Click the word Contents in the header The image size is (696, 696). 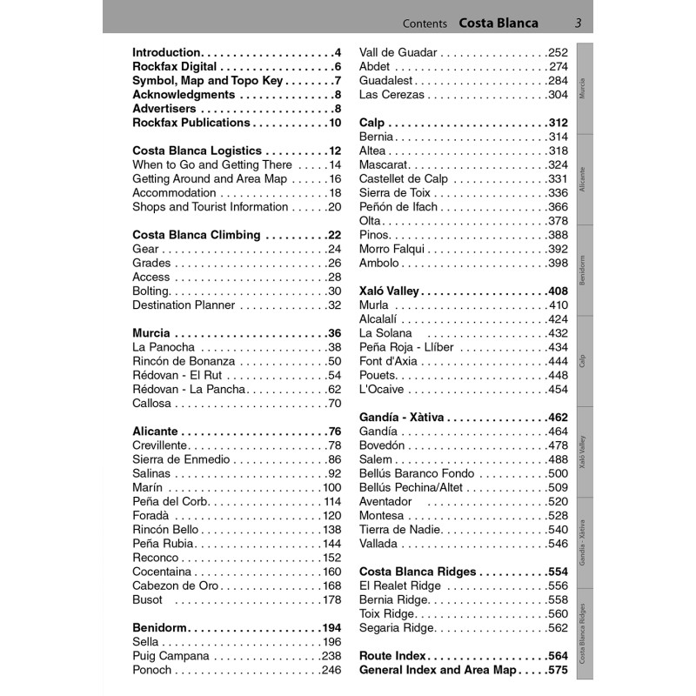pyautogui.click(x=425, y=23)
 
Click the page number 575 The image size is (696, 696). pyautogui.click(x=558, y=670)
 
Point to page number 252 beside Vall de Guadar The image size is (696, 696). pyautogui.click(x=558, y=52)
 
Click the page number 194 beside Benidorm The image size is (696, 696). pyautogui.click(x=331, y=628)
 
